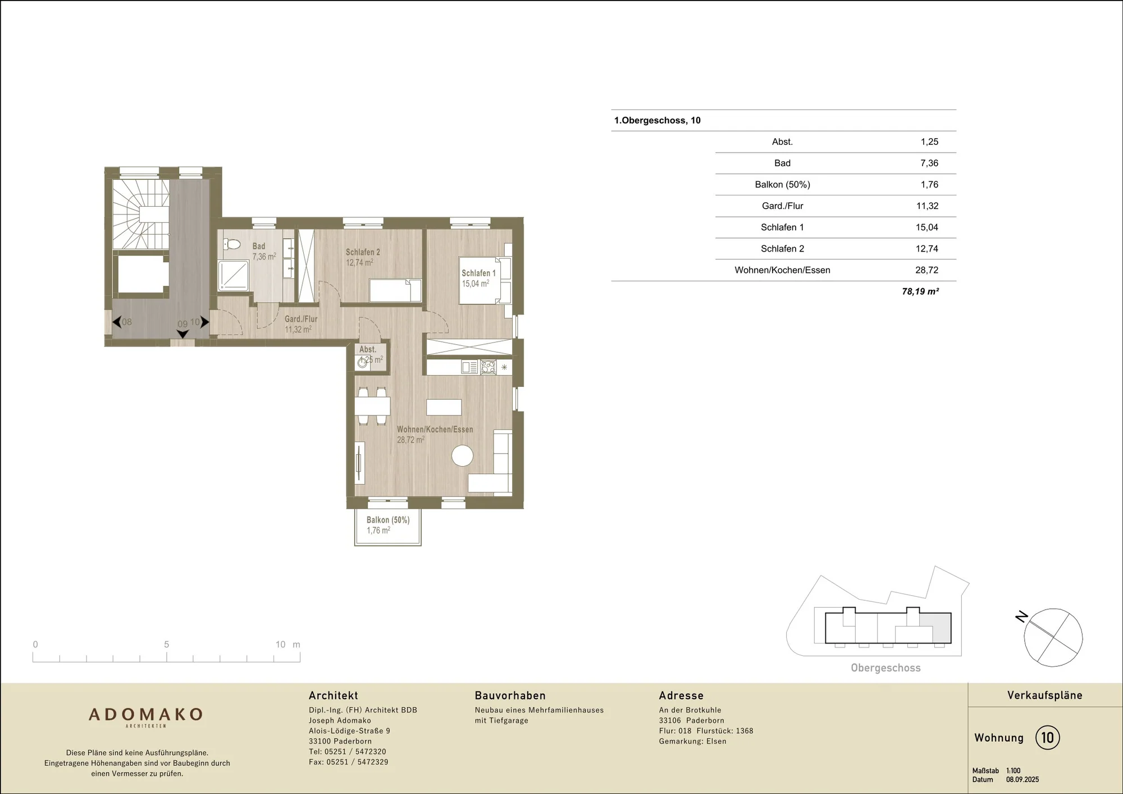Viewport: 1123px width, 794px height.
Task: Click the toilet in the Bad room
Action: (231, 244)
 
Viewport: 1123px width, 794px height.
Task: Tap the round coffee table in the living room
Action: (463, 455)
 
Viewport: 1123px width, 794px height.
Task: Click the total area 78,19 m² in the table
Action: (920, 291)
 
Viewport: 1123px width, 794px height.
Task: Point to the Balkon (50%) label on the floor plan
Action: (388, 520)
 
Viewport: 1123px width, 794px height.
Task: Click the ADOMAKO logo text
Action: (146, 714)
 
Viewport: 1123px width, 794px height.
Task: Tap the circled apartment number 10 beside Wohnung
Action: (1048, 737)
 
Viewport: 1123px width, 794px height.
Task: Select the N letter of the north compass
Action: (1021, 617)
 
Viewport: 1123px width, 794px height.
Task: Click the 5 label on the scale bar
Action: (166, 645)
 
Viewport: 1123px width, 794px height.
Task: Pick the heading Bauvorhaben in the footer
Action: (510, 696)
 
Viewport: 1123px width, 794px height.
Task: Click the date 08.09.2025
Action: (1022, 779)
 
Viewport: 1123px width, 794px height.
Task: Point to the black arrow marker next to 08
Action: (116, 322)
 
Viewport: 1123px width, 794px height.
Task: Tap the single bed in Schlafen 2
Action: (395, 290)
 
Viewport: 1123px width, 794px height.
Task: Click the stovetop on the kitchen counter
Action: (488, 367)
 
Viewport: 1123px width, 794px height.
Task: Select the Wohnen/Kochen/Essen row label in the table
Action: (782, 270)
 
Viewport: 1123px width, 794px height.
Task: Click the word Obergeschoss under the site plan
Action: (885, 668)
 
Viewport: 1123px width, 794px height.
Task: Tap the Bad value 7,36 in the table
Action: (929, 163)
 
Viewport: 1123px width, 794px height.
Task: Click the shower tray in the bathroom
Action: (233, 276)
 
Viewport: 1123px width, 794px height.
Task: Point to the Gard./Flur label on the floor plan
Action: (301, 319)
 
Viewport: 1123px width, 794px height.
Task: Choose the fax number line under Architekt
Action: (348, 762)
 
